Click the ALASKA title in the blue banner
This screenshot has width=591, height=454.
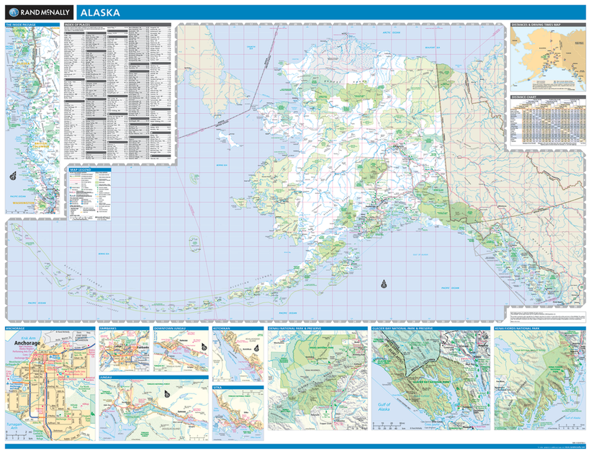99,13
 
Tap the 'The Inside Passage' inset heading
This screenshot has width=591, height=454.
20,25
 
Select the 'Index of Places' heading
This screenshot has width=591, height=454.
78,25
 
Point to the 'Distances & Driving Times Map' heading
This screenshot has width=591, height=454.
536,25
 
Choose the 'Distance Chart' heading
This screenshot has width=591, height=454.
523,97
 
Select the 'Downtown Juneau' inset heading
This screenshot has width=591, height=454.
170,329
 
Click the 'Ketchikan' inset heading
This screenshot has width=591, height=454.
222,329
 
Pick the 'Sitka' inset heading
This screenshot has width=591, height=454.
218,387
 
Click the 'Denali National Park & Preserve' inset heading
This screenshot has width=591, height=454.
295,329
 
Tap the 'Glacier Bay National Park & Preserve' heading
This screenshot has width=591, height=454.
405,329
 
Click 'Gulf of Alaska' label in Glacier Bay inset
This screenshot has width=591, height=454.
384,408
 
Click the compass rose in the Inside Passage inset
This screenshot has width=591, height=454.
14,175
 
